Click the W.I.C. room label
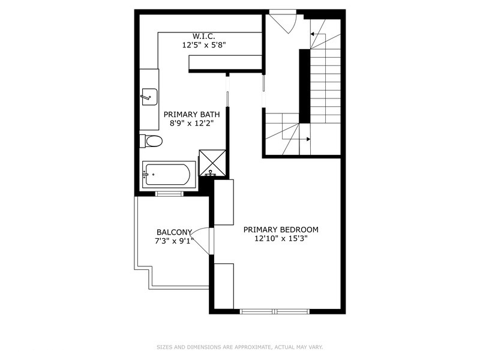[x=204, y=35]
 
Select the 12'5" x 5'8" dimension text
[x=204, y=44]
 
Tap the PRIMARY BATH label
[x=191, y=114]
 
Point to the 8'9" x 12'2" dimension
[x=191, y=123]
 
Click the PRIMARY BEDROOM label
[x=281, y=229]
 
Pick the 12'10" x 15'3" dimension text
[x=281, y=238]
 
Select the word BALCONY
[x=174, y=232]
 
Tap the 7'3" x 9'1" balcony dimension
[x=174, y=241]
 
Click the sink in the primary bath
[x=148, y=96]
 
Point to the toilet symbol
[x=152, y=141]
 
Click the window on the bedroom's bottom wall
[x=274, y=311]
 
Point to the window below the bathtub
[x=169, y=193]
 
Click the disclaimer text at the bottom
[x=240, y=347]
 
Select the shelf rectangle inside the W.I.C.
[x=225, y=62]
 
